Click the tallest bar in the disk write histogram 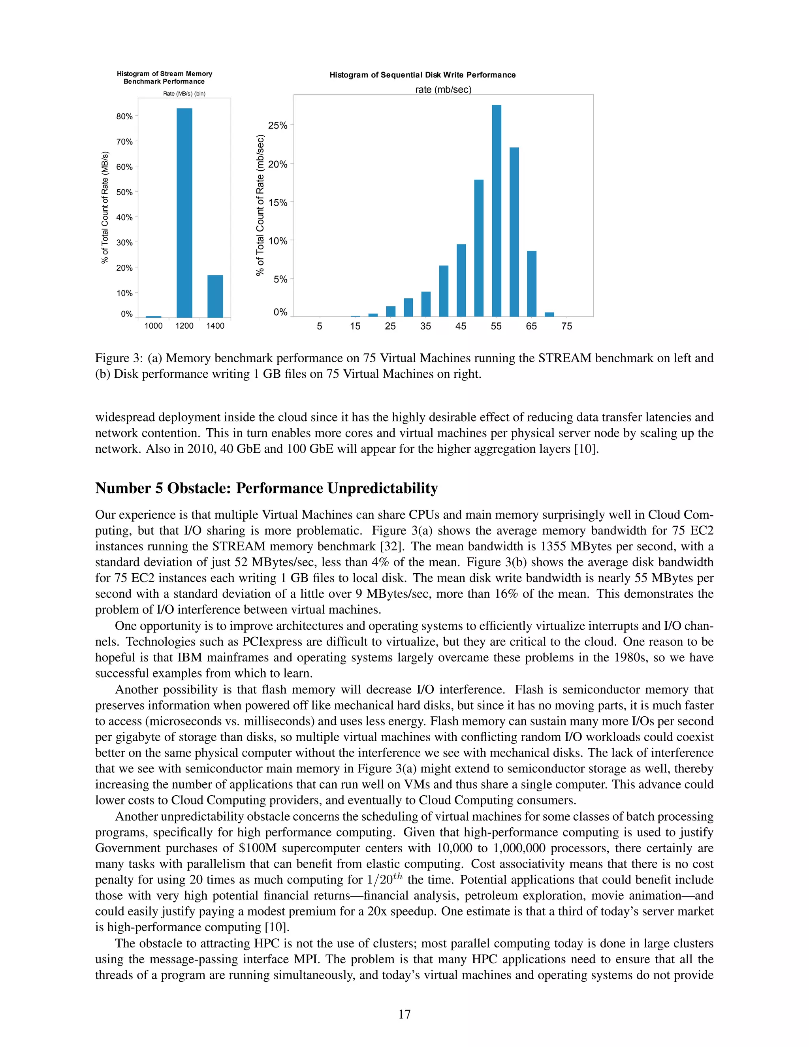[x=497, y=211]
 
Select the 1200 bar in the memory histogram [x=184, y=213]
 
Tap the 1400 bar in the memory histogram [x=215, y=296]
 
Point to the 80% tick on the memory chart [x=124, y=117]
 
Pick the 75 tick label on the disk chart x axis [x=566, y=326]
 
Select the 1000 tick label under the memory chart [x=153, y=326]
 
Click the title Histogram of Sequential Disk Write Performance [x=422, y=75]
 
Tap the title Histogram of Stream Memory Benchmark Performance [x=164, y=78]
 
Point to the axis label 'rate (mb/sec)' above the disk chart [x=443, y=90]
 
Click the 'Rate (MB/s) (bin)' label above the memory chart [x=184, y=94]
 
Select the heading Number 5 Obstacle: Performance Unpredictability [x=267, y=488]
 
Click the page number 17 [x=404, y=1014]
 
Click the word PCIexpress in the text [x=272, y=642]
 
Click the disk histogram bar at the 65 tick [x=532, y=284]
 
